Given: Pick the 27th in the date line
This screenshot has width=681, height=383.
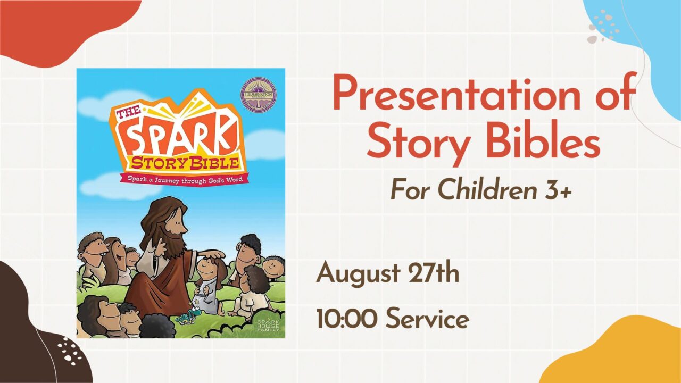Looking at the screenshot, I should [x=433, y=273].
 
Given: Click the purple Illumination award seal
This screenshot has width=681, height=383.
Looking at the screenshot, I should [x=259, y=95].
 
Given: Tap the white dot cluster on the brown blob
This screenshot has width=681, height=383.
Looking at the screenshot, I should [x=70, y=350].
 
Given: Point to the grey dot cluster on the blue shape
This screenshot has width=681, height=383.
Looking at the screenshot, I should [x=601, y=27].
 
